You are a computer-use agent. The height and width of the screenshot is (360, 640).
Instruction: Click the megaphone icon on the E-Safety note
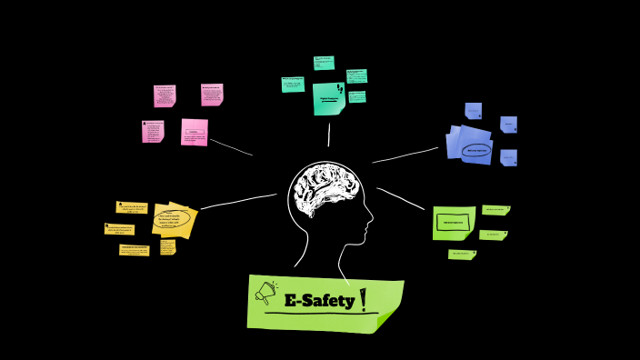click(x=266, y=293)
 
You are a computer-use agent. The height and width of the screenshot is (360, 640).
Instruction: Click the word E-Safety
click(x=318, y=300)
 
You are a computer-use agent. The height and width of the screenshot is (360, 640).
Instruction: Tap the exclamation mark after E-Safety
click(x=364, y=298)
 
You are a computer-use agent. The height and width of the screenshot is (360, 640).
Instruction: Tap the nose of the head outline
click(x=370, y=217)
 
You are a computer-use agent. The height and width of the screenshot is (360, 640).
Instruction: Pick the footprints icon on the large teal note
click(x=340, y=89)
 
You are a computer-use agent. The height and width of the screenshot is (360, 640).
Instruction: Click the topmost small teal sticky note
click(x=324, y=63)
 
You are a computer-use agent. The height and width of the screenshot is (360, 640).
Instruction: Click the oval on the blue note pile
click(x=476, y=150)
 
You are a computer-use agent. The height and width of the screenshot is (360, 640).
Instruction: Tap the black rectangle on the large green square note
click(x=452, y=221)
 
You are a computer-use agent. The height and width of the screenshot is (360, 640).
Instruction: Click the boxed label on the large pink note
click(x=193, y=133)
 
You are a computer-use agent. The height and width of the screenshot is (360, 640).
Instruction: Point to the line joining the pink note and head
click(x=231, y=146)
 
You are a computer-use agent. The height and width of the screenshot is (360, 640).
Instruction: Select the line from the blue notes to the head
click(x=405, y=155)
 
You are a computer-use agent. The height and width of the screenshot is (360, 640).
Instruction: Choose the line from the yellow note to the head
click(x=238, y=201)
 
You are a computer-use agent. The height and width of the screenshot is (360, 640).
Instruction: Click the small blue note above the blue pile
click(x=473, y=111)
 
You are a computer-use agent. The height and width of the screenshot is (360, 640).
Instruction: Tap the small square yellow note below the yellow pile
click(x=168, y=246)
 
